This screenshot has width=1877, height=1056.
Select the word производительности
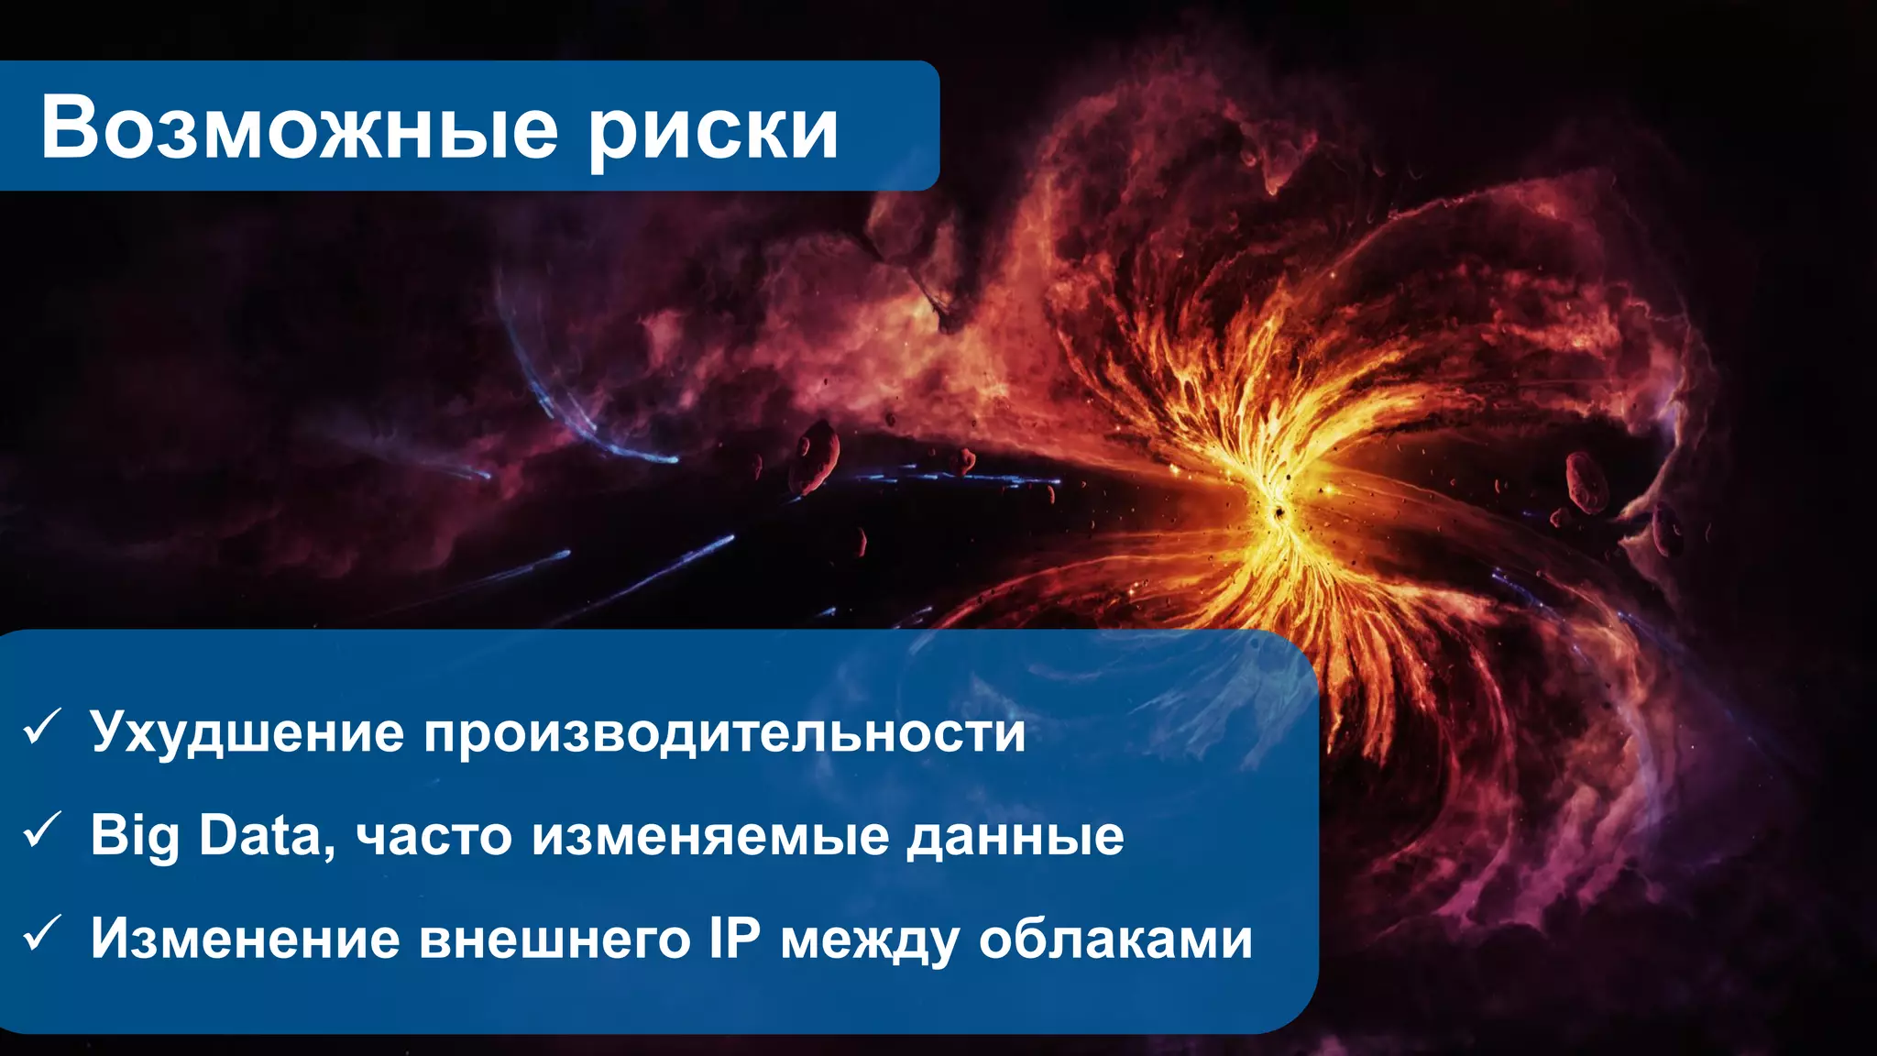tap(724, 734)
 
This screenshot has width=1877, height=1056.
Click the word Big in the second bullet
tap(134, 836)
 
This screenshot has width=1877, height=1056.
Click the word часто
tap(434, 836)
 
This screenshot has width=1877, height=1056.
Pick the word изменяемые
tap(711, 836)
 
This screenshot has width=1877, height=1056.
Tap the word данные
tap(1015, 836)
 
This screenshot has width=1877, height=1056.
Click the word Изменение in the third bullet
tap(246, 939)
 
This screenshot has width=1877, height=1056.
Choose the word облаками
tap(1115, 939)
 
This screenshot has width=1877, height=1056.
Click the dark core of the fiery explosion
tap(1276, 511)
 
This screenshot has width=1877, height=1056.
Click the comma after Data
tap(330, 852)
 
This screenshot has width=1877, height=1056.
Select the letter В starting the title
tap(69, 128)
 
